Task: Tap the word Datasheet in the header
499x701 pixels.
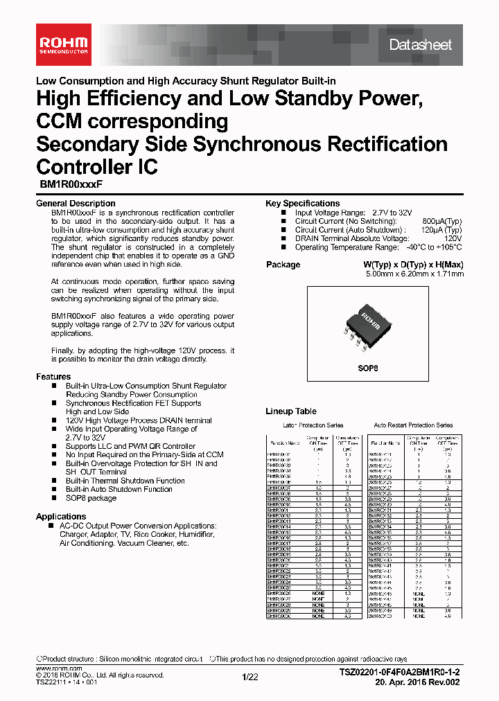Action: click(420, 45)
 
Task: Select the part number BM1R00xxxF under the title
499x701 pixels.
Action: click(67, 185)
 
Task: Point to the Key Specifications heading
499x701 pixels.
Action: click(302, 204)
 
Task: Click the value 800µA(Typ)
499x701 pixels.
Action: click(442, 221)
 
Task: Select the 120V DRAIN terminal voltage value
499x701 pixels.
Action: click(454, 238)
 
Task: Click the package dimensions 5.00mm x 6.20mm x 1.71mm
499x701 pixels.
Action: click(414, 274)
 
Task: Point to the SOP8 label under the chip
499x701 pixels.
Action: click(367, 369)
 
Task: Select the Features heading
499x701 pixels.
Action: click(53, 377)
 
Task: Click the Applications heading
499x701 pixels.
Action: click(61, 517)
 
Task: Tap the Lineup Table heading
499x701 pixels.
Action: click(291, 411)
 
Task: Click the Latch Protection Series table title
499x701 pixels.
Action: click(313, 425)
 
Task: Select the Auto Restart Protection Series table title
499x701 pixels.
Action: click(413, 425)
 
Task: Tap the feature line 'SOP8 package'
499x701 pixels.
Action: click(91, 498)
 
